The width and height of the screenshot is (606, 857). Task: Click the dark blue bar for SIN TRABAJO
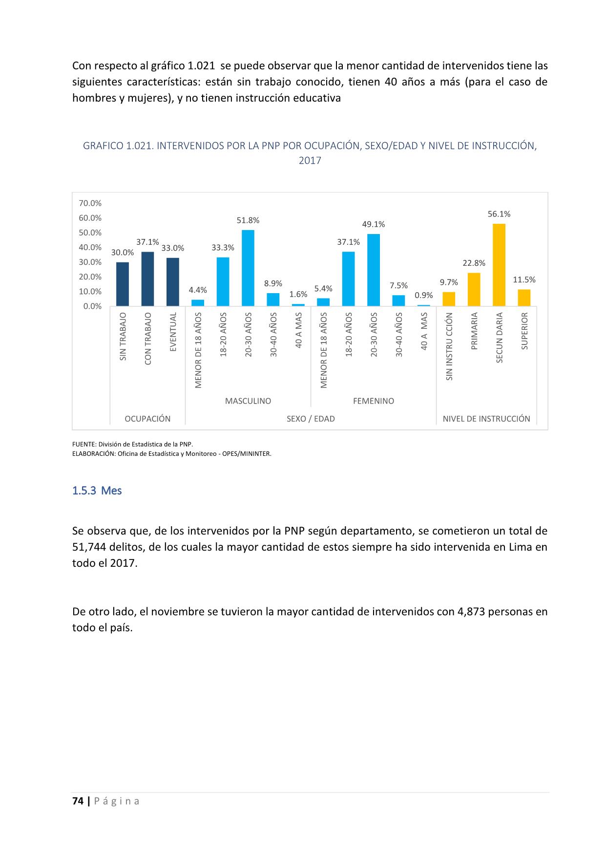pos(123,284)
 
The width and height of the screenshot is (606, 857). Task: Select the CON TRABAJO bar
pos(147,279)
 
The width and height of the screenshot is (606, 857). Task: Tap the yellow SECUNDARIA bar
pos(499,265)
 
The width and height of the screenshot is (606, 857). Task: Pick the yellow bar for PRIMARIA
pos(474,289)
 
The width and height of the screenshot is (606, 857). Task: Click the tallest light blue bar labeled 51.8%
pos(248,268)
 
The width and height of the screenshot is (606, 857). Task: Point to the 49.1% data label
pos(374,224)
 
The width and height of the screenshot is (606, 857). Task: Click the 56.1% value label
pos(499,214)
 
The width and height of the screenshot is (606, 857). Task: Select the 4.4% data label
pos(198,290)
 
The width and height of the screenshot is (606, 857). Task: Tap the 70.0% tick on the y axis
pos(90,203)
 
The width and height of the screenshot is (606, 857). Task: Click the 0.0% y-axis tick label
pos(92,306)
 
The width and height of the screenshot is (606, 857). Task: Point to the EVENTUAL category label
pos(173,332)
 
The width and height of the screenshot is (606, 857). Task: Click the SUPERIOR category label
pos(524,331)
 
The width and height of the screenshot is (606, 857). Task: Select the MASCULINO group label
pos(248,401)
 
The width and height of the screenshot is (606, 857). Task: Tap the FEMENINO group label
pos(374,401)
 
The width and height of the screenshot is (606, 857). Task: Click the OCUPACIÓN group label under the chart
pos(147,419)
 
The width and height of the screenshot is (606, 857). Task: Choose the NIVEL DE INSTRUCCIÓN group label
pos(486,419)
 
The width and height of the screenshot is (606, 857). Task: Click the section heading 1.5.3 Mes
pos(97,491)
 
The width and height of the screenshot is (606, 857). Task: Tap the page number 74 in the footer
pos(77,801)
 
